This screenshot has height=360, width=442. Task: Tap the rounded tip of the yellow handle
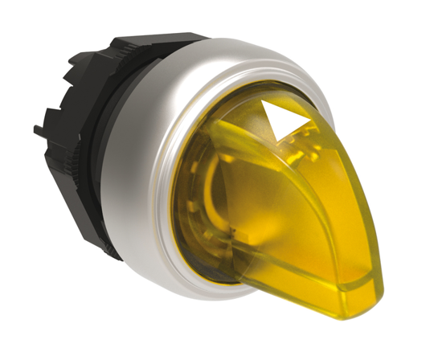coord(354,286)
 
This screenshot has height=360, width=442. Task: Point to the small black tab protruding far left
coord(39,129)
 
